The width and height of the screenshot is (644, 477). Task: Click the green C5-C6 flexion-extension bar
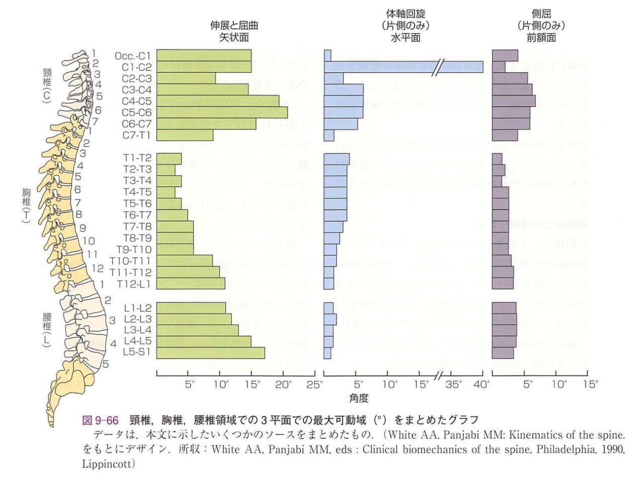click(222, 112)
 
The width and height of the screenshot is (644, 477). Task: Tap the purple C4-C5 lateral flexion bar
click(513, 101)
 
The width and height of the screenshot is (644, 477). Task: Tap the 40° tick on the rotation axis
click(482, 385)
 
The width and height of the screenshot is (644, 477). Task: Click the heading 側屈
click(541, 15)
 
